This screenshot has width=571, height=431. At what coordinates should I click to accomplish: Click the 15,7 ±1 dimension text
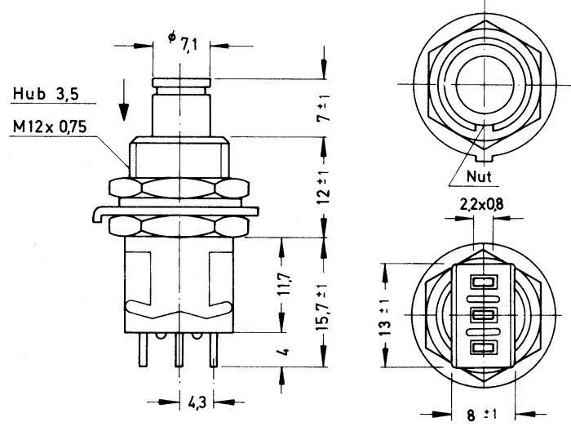[325, 306]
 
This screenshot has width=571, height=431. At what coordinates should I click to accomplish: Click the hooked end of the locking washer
[96, 215]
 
